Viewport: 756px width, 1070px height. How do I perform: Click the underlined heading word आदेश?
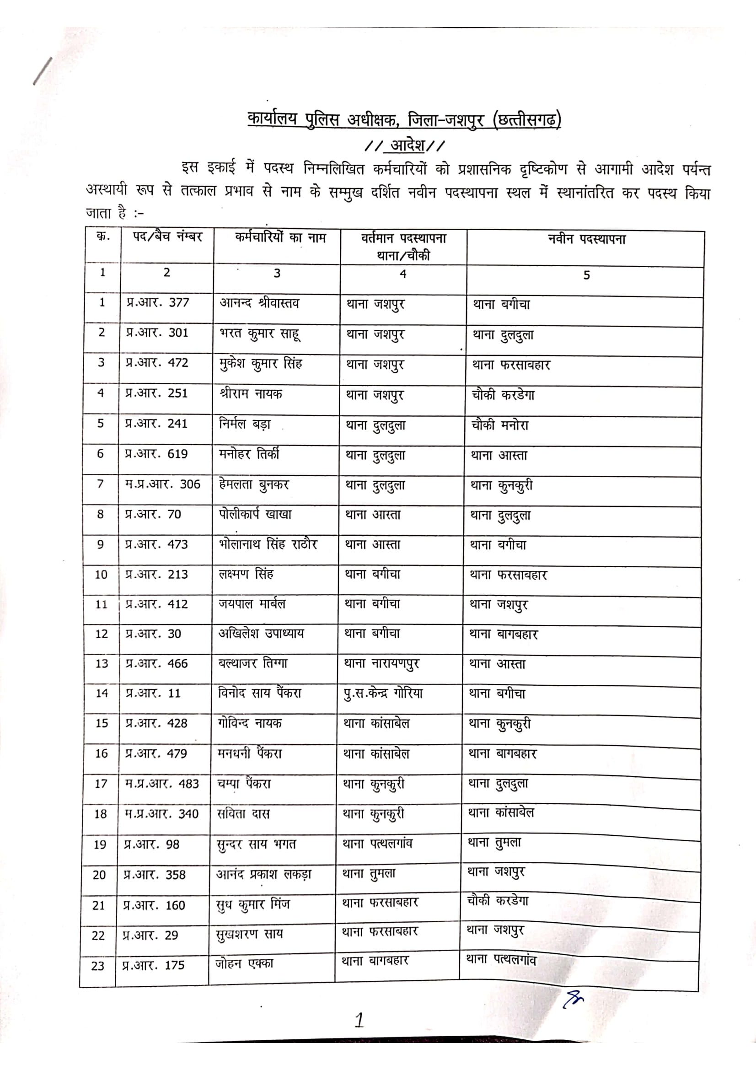407,146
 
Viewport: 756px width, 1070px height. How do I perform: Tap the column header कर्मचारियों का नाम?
280,238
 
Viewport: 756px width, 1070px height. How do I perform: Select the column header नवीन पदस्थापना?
586,240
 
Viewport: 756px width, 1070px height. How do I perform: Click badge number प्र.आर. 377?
157,303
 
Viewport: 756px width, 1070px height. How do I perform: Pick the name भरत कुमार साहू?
259,333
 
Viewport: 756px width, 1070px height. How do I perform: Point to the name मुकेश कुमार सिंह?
260,364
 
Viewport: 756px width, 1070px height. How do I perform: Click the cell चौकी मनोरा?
500,425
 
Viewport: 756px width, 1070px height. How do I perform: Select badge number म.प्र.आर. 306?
162,484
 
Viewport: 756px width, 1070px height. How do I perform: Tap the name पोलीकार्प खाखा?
255,515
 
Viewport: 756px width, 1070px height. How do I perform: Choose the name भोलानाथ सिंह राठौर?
268,544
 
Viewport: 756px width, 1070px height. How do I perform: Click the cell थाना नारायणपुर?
381,664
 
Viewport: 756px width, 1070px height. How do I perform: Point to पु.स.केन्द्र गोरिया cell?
383,694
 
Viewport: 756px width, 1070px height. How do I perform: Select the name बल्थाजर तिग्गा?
253,663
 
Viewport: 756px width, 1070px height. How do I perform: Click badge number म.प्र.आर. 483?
161,784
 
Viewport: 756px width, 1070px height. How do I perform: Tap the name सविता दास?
243,814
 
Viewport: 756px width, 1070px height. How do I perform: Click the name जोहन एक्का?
244,964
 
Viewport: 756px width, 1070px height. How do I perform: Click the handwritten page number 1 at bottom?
359,1020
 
